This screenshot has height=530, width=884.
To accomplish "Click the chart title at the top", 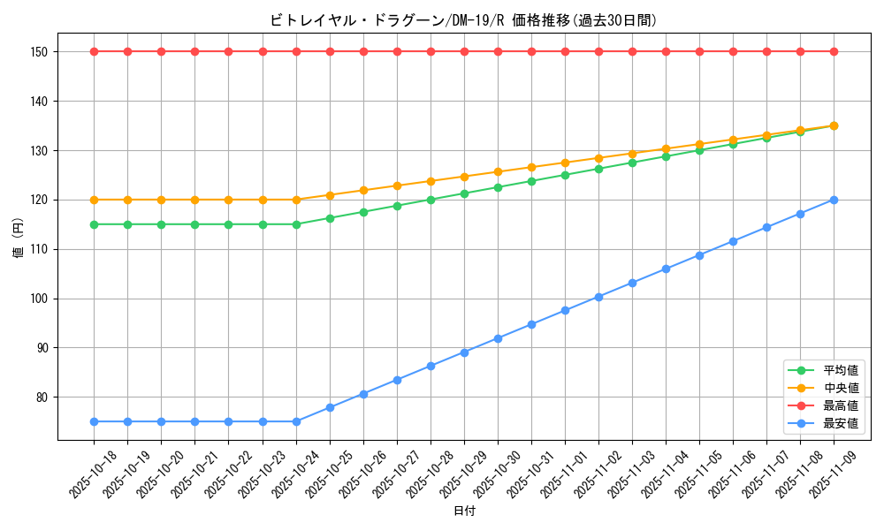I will click(463, 20).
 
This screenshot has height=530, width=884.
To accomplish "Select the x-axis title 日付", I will click(463, 511).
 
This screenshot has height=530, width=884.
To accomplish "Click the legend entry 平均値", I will click(841, 371).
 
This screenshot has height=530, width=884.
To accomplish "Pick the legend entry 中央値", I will click(841, 389).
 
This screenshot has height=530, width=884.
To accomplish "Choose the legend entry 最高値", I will click(841, 406).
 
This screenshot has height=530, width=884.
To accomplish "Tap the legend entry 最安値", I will click(841, 424).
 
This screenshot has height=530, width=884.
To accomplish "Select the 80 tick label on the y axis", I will click(41, 397).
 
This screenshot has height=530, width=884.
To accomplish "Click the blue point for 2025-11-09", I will click(834, 200).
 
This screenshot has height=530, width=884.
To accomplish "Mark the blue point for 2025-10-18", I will click(94, 421).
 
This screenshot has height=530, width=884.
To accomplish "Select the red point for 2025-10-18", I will click(94, 51).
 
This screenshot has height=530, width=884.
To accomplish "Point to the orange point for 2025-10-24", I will click(296, 200).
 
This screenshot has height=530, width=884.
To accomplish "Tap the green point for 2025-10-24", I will click(296, 224).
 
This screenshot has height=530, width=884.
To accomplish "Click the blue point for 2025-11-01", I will click(565, 310).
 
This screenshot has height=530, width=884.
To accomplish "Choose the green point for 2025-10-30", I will click(498, 187).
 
